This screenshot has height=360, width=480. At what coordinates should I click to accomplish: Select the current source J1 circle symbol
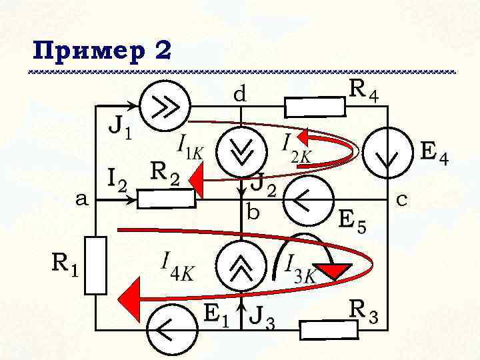pos(166,106)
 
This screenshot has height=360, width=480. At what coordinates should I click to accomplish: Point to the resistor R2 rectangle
pos(167,199)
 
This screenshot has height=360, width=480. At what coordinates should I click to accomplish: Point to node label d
pos(239,95)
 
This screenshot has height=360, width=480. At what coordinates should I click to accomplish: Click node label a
pos(81,199)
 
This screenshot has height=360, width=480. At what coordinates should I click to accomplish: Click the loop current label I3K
pos(299,267)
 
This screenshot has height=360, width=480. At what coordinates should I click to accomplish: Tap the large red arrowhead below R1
pos(131,297)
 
